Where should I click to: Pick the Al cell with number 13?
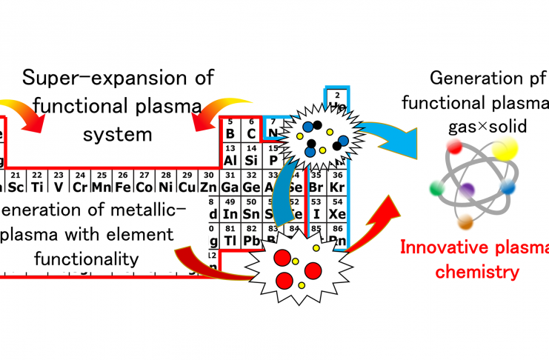230,157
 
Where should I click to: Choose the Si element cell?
252,157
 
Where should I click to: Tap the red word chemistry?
476,272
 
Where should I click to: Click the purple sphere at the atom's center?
467,190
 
